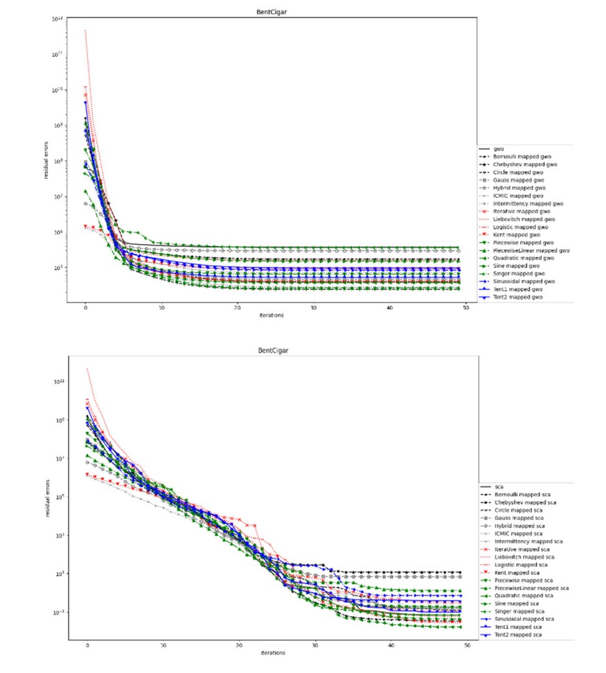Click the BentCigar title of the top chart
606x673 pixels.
[x=276, y=11]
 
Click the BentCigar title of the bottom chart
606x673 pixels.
[x=276, y=350]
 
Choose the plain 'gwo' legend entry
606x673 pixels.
[x=498, y=148]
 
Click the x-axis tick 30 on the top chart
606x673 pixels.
[x=314, y=308]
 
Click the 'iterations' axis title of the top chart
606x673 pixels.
[x=275, y=315]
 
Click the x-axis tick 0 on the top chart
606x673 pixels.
[x=85, y=308]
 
